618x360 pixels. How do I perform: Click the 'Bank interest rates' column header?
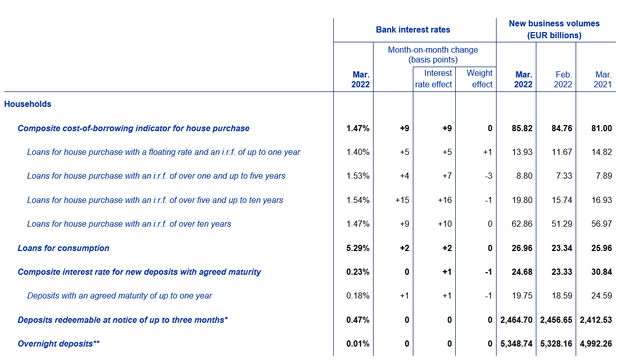[x=413, y=29]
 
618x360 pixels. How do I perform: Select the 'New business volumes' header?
[x=554, y=24]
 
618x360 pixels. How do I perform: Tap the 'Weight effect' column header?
[x=480, y=79]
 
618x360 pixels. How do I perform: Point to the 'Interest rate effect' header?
[x=434, y=79]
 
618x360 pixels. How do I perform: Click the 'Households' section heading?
[x=27, y=104]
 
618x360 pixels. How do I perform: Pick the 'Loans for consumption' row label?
[x=64, y=248]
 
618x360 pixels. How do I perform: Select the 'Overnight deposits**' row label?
[x=59, y=343]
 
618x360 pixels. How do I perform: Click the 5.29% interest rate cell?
[x=358, y=248]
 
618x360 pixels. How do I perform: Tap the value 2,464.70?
[x=516, y=320]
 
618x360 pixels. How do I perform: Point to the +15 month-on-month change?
[x=402, y=200]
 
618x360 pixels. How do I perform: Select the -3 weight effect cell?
[x=488, y=176]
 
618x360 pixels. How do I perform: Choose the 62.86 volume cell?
[x=522, y=224]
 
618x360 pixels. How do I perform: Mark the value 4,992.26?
[x=596, y=344]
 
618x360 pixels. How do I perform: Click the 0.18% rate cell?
[x=358, y=296]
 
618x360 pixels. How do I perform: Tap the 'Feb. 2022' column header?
[x=563, y=80]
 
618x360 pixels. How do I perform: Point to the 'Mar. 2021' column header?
[x=603, y=80]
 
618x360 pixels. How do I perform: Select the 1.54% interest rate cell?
[x=358, y=200]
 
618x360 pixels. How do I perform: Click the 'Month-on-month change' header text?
[x=433, y=50]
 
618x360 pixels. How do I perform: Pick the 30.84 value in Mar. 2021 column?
[x=601, y=272]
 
